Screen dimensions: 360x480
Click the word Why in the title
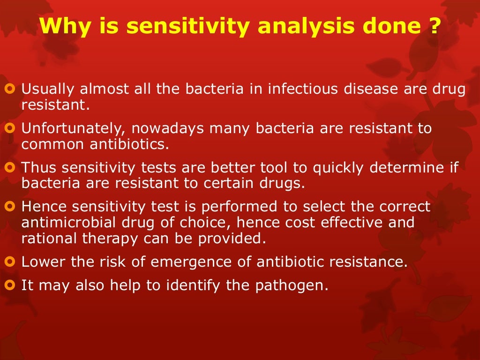coord(65,26)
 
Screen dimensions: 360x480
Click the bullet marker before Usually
coord(12,89)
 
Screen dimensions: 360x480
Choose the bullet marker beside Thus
coord(12,167)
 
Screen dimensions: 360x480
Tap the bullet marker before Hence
coord(12,207)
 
